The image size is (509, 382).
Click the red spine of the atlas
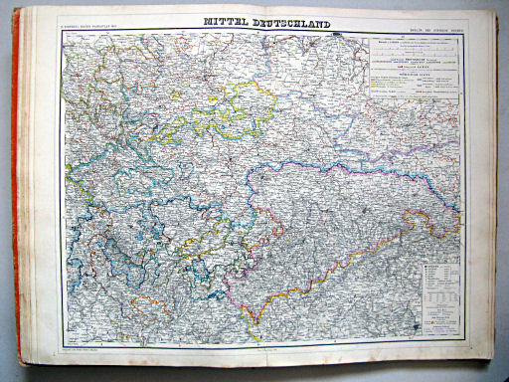click(x=17, y=199)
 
